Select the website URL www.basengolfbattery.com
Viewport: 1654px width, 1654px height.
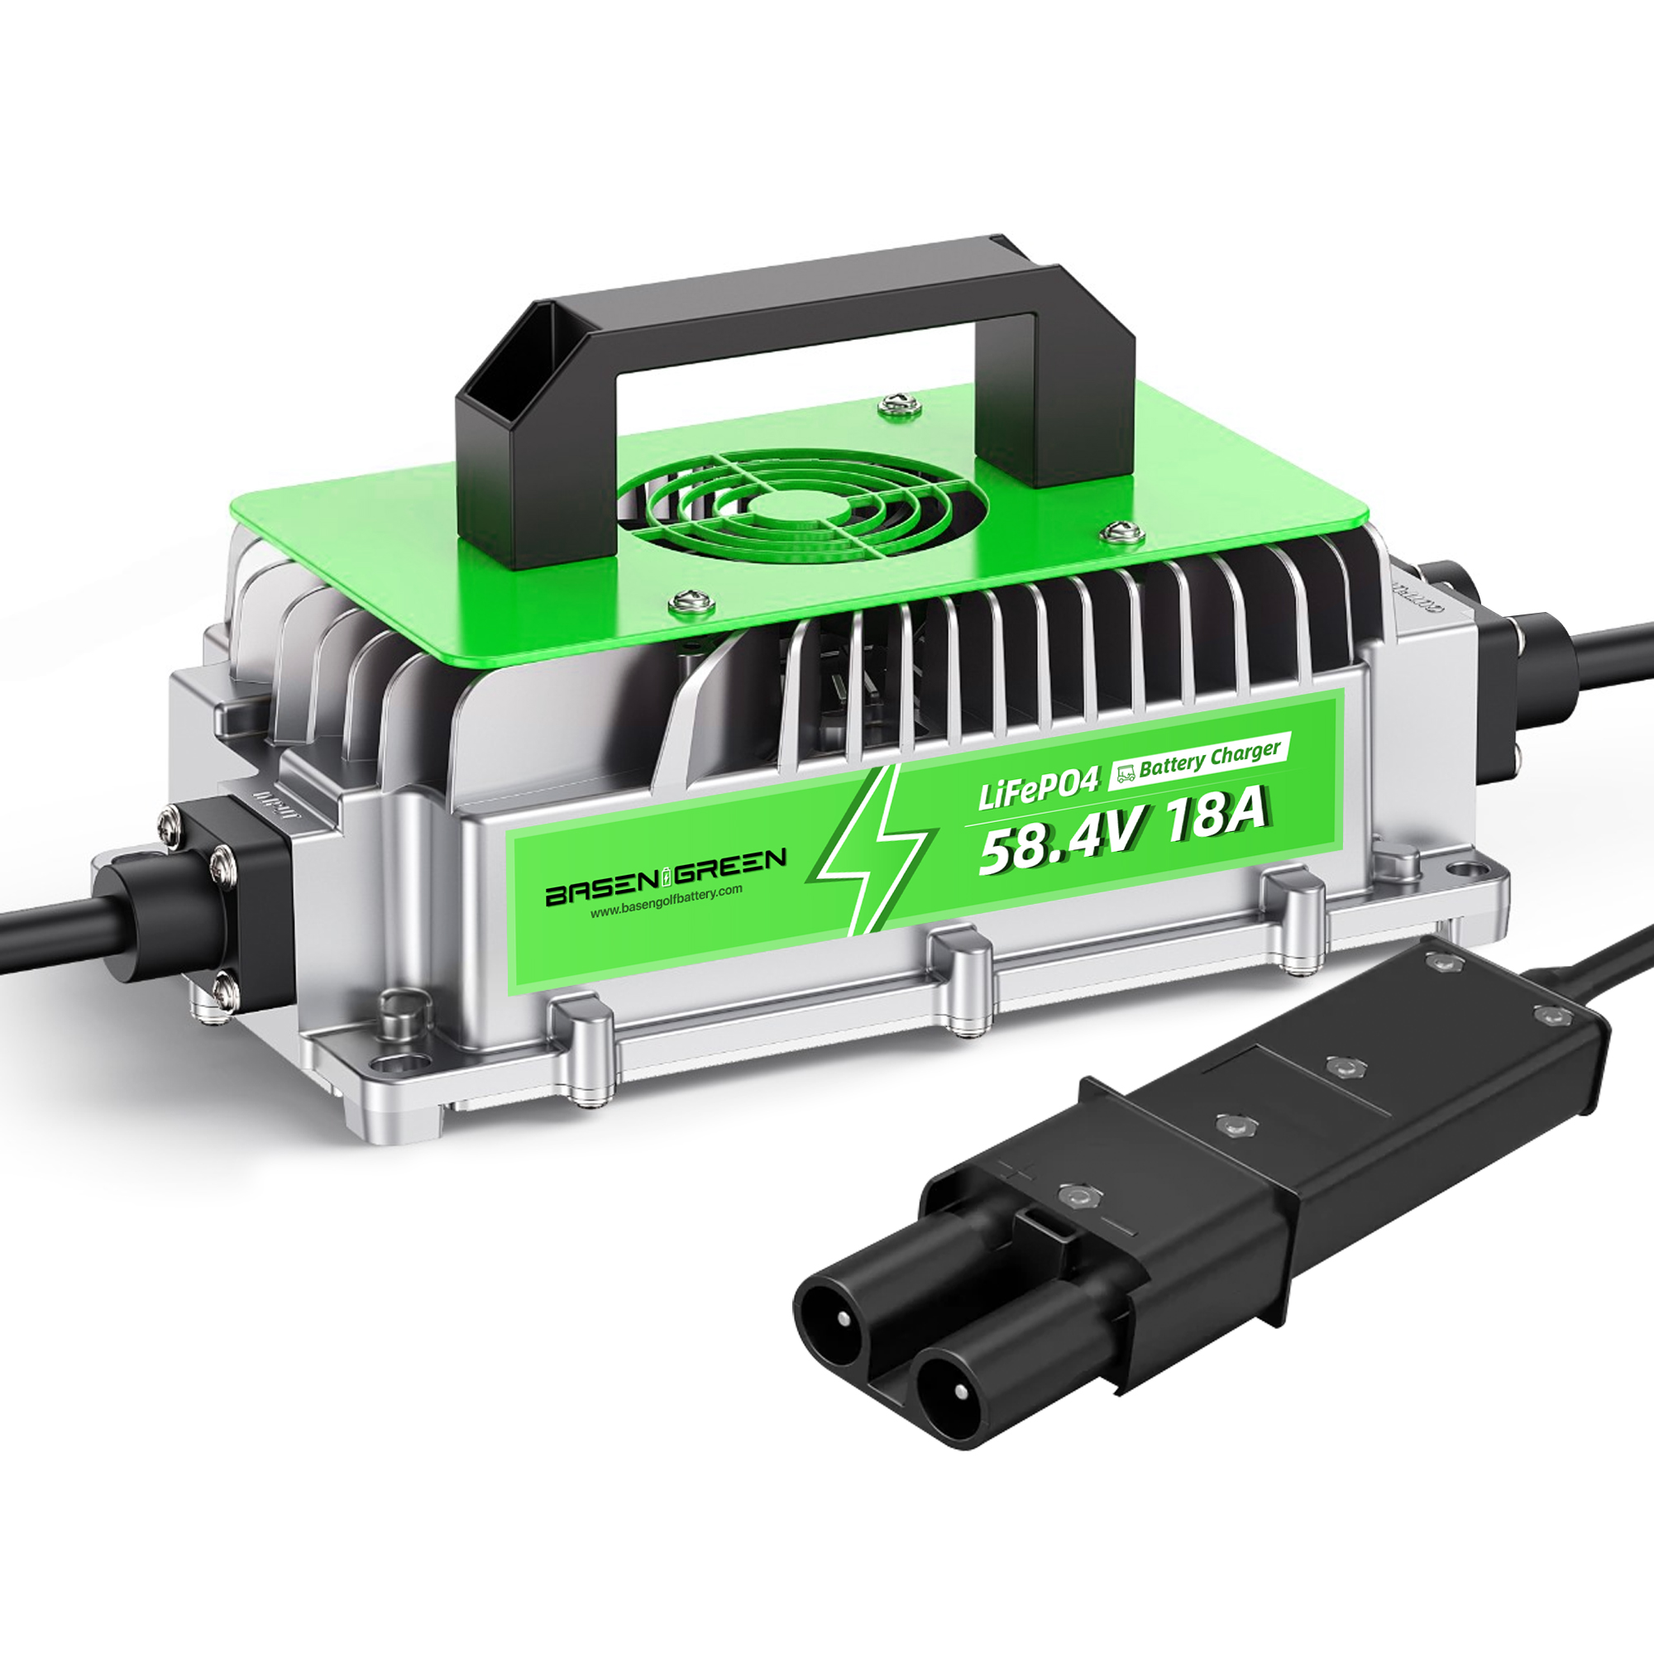pyautogui.click(x=666, y=904)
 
